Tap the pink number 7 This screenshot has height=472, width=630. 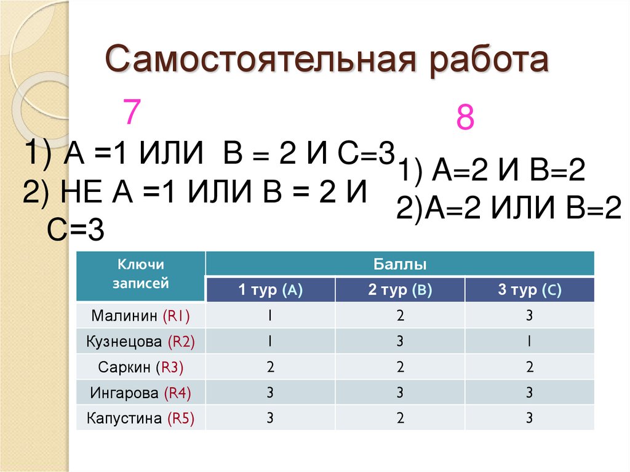point(132,113)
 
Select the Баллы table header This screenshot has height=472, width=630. point(400,265)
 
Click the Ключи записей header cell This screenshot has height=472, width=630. point(141,274)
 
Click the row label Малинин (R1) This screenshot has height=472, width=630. point(141,316)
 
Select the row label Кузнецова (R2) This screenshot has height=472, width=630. point(141,342)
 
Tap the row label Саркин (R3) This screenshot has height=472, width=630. point(141,368)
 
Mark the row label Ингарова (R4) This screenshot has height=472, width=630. point(141,393)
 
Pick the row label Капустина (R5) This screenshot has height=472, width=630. point(141,419)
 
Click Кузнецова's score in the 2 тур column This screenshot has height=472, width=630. point(400,342)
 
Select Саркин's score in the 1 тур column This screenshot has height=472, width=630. point(270,368)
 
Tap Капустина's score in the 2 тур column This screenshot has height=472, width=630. point(400,419)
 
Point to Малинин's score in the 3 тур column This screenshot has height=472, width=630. point(529,316)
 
